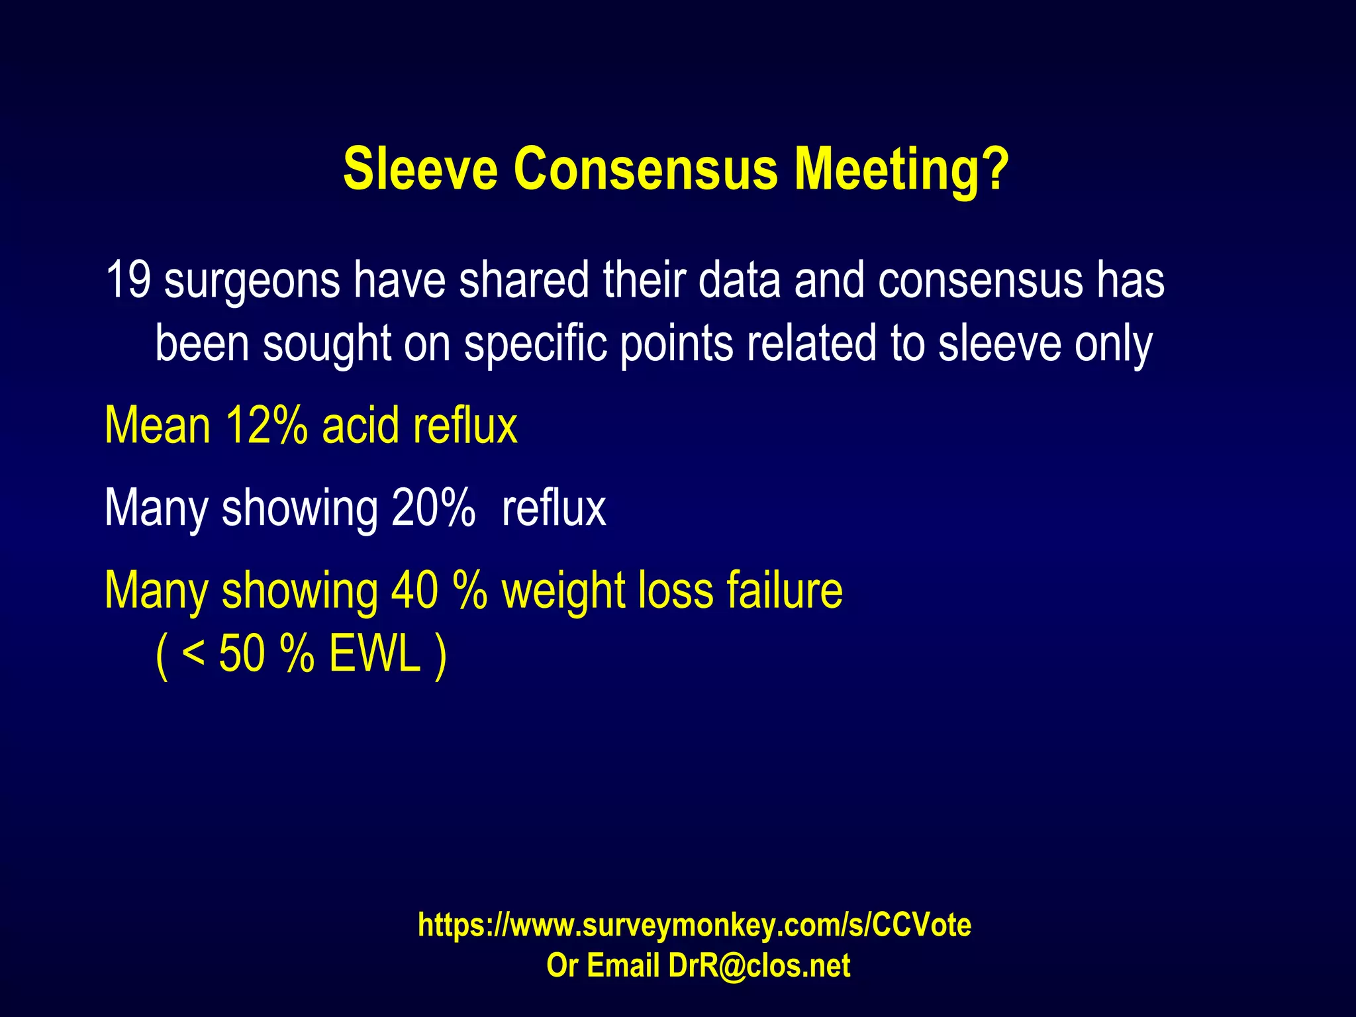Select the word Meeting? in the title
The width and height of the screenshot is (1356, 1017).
click(x=901, y=169)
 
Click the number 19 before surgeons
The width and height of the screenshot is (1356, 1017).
click(x=128, y=280)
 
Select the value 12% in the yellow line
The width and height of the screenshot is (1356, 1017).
click(x=266, y=425)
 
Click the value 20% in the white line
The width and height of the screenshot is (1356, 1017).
click(x=433, y=508)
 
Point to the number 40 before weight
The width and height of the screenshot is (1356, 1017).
click(x=414, y=590)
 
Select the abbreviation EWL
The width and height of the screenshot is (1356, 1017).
click(x=375, y=654)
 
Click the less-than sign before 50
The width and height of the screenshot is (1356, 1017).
click(x=193, y=654)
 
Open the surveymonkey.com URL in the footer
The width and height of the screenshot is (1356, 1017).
click(x=694, y=924)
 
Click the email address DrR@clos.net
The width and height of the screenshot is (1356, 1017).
click(x=759, y=965)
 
